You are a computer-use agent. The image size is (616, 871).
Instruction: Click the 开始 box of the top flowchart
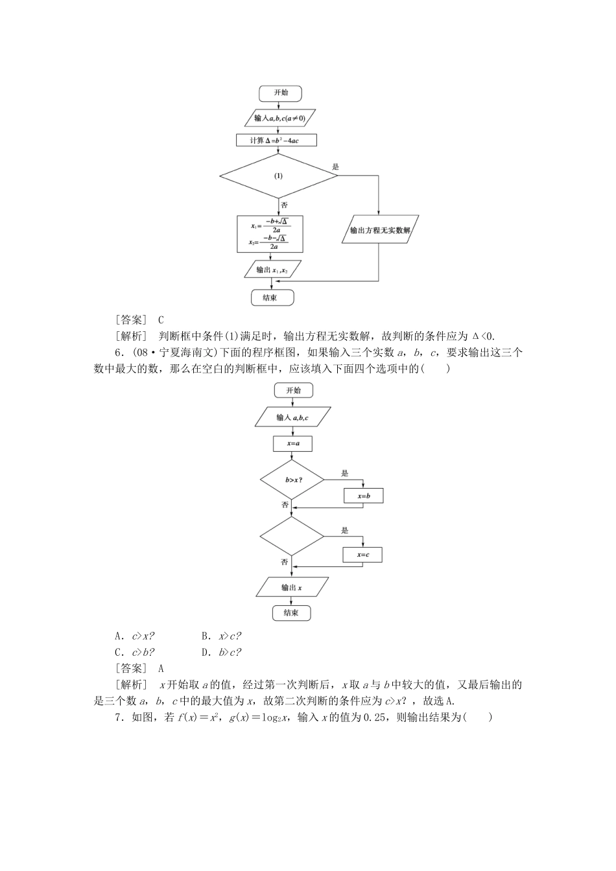277,93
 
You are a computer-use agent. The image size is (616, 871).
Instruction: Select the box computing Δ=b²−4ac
277,141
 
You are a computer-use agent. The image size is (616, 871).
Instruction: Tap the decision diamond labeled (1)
278,176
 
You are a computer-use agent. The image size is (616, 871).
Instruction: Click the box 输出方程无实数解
379,229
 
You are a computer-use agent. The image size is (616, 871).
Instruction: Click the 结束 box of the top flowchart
272,297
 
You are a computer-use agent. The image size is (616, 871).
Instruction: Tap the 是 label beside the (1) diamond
335,167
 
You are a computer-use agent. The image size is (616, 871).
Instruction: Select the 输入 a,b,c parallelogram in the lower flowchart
292,417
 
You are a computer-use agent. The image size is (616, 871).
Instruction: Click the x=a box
292,444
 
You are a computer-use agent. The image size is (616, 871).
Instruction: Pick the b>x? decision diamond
292,480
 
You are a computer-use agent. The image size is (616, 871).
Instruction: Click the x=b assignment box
363,496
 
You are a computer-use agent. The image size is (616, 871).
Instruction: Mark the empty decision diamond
292,537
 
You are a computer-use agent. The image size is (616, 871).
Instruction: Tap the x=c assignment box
362,555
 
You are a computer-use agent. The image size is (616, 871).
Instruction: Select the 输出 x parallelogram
292,587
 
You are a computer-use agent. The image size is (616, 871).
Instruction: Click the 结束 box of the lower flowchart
290,613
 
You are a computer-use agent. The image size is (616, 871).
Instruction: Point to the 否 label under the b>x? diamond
285,504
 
